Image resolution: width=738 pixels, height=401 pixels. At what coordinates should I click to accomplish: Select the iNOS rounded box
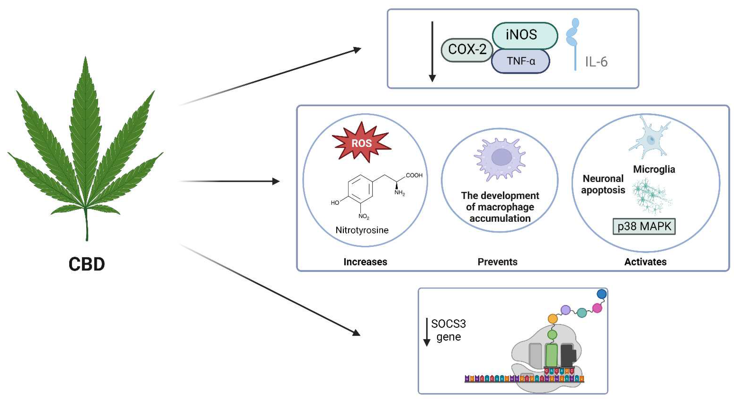524,35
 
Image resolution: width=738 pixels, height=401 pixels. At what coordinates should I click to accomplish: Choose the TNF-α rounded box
521,61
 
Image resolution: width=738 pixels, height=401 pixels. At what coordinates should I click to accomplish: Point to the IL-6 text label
596,62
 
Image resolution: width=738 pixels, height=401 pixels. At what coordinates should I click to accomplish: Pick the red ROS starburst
361,143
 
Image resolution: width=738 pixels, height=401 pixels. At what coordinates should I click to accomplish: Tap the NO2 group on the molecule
363,216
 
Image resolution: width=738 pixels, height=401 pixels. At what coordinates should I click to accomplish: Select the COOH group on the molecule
414,175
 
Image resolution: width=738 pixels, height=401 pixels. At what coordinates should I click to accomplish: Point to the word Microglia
654,169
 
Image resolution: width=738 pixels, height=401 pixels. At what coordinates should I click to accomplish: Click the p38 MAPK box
644,226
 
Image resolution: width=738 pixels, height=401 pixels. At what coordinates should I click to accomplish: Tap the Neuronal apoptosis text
603,184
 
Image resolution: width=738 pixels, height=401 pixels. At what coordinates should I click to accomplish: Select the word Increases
365,262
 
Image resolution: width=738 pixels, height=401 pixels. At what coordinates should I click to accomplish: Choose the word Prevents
497,262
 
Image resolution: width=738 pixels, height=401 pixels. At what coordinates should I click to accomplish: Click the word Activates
645,262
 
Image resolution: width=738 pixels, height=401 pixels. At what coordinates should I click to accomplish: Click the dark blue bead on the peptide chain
601,294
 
